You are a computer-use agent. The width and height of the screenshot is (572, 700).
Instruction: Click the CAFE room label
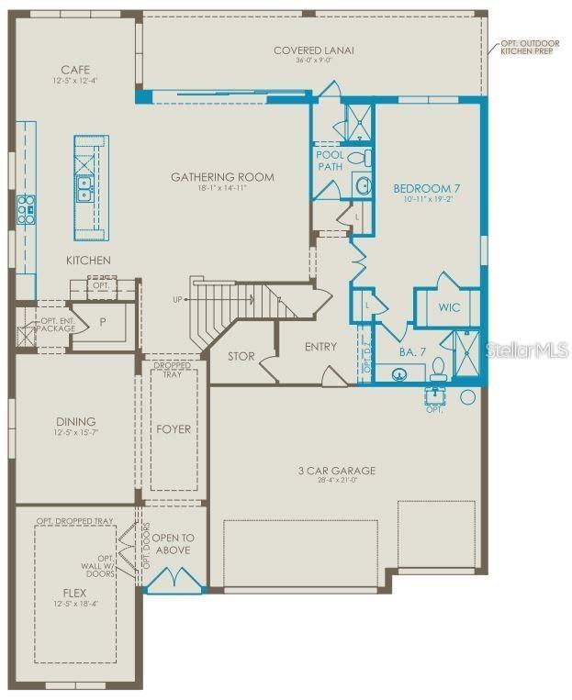tap(75, 70)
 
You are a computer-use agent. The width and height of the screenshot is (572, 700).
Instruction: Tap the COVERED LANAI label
tap(313, 50)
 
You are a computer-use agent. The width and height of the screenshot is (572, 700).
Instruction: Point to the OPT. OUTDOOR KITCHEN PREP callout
tap(531, 47)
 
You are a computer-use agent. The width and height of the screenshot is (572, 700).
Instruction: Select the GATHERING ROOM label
tap(222, 177)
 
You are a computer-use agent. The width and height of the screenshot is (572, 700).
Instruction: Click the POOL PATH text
tap(330, 161)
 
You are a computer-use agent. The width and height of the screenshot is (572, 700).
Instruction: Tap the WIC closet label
tap(449, 308)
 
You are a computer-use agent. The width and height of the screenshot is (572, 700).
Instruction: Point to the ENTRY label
tap(320, 347)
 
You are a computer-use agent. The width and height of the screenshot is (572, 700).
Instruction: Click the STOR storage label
tap(241, 356)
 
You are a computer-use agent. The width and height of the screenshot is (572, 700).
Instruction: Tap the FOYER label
tap(173, 428)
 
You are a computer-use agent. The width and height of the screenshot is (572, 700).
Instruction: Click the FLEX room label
tap(74, 593)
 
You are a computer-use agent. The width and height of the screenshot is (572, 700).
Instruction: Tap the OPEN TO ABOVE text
tap(172, 543)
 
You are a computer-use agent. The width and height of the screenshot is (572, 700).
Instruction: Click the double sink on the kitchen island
tap(84, 189)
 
